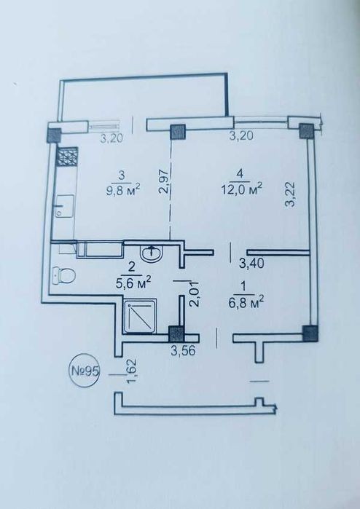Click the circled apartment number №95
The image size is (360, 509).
coord(85,371)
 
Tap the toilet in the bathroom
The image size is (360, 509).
coord(64,275)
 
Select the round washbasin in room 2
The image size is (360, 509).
coord(151,253)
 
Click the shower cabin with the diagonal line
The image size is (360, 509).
coord(140,317)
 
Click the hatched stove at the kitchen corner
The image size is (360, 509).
coord(68,157)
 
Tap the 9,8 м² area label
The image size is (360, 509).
coord(123,189)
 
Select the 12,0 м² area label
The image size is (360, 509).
coord(242,189)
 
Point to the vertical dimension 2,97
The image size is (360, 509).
coord(165,181)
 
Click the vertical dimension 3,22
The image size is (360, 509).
coord(290,194)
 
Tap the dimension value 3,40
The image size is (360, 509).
coord(251,263)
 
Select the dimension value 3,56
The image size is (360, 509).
coord(184,350)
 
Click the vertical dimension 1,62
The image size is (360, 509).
coord(132,371)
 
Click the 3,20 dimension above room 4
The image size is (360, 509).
coord(241,135)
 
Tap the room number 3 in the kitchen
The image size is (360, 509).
coord(122,175)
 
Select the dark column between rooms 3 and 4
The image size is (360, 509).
coord(178,132)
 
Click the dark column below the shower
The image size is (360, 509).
coord(176,334)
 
